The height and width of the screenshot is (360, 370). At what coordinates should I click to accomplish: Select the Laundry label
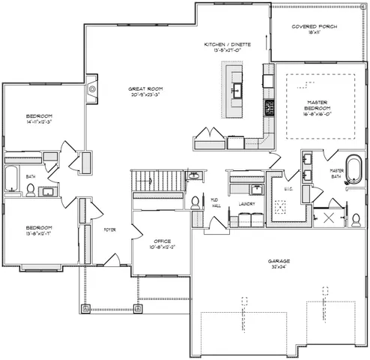point(246,203)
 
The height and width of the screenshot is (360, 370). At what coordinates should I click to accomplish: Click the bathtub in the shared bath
point(13,178)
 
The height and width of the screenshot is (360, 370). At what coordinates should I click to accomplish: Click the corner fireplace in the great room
point(92,90)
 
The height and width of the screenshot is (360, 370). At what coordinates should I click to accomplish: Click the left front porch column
point(85,308)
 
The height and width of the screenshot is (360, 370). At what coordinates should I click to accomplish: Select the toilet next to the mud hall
point(195,202)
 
